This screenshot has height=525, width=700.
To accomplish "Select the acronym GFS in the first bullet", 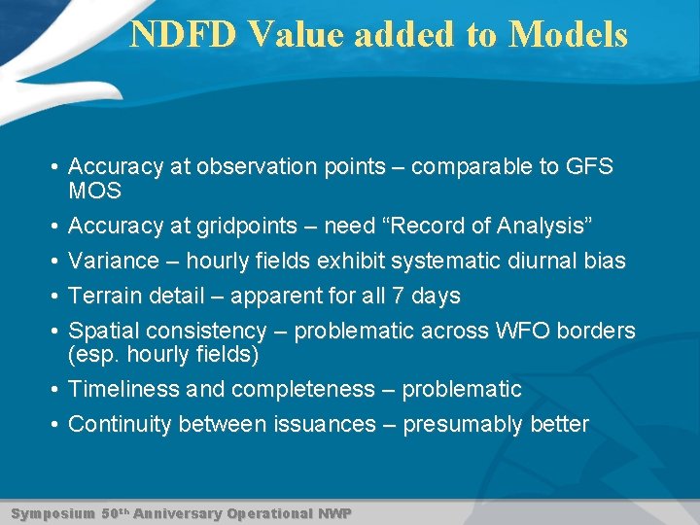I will point(590,166).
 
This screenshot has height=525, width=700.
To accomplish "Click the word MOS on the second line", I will point(94,192).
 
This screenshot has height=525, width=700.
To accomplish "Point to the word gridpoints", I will point(257,227).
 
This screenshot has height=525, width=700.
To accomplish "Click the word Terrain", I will point(105,296).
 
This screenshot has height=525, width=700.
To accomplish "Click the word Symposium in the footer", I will point(52,513).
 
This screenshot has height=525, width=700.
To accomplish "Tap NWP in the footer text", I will point(334,513).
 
